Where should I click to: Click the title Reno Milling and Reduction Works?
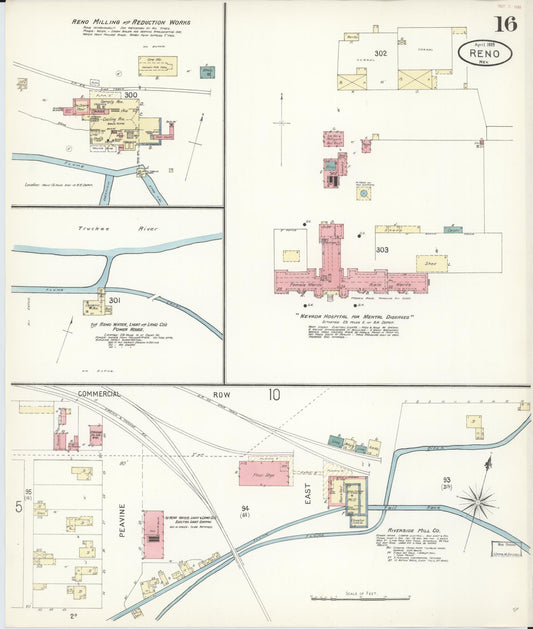[x=133, y=22]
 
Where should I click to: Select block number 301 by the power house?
[x=115, y=300]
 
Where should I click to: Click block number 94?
[x=245, y=509]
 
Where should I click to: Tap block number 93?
[x=446, y=481]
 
